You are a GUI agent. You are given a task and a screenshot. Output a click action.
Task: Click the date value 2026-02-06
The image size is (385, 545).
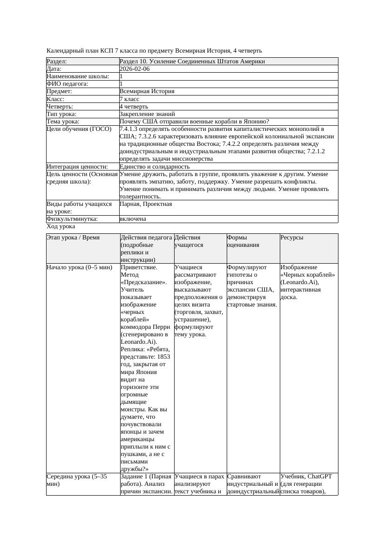coord(135,69)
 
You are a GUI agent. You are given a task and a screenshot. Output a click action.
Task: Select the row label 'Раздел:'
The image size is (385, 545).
coord(57,61)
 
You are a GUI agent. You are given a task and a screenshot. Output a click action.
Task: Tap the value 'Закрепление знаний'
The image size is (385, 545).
coord(147,114)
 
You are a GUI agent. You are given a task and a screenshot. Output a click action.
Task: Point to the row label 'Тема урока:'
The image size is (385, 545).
coord(63,121)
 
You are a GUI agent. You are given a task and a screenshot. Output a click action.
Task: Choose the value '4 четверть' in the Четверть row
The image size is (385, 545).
coord(134,106)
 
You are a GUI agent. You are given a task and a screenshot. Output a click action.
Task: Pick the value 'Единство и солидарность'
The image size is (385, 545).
coord(155,166)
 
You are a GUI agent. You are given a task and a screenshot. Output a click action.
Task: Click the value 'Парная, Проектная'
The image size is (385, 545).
coord(146,204)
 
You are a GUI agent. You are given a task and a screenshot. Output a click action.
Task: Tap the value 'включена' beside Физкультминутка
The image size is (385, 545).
coord(133,219)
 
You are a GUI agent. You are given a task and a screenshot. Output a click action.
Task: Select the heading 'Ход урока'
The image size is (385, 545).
coord(61,226)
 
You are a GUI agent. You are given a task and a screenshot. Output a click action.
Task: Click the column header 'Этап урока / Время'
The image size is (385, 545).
coord(73,238)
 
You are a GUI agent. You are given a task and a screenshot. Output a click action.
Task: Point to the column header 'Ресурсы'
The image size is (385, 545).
coord(292,238)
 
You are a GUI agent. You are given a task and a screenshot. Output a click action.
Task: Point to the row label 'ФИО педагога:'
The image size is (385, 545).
coord(68,84)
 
